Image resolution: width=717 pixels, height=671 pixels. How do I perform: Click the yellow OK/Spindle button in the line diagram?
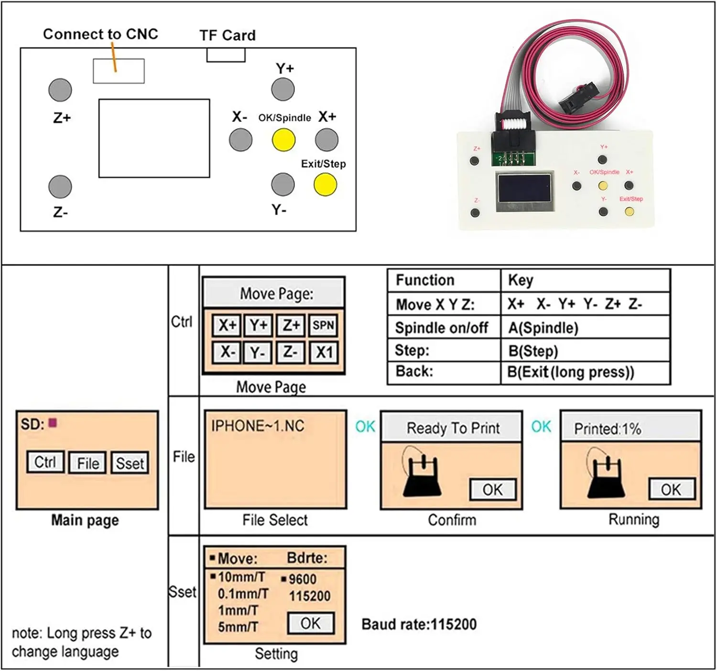click(x=283, y=140)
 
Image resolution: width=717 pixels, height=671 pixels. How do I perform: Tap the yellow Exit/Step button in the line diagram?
click(x=326, y=185)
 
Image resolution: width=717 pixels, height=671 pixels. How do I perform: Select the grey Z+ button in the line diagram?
click(x=60, y=90)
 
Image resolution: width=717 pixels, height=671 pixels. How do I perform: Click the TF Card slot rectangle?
click(x=226, y=55)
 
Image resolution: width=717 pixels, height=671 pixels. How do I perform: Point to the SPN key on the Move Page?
click(x=323, y=325)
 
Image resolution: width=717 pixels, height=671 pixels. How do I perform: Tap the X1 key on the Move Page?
click(x=324, y=352)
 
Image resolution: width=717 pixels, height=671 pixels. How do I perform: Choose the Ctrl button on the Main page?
click(x=45, y=462)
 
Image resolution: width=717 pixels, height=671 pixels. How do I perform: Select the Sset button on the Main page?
click(x=130, y=462)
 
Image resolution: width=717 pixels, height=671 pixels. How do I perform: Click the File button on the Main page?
click(x=88, y=462)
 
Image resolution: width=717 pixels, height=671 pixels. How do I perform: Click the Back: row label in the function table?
click(x=414, y=371)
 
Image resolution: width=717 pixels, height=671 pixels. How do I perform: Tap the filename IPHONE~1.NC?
click(x=258, y=426)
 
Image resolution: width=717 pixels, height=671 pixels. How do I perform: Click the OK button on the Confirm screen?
click(x=493, y=490)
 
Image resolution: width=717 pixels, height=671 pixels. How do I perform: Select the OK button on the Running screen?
click(x=672, y=490)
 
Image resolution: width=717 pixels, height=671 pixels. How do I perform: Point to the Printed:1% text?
click(x=608, y=429)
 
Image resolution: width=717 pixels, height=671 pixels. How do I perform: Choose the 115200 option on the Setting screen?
click(x=310, y=596)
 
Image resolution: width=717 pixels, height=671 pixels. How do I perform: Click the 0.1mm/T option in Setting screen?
click(x=243, y=594)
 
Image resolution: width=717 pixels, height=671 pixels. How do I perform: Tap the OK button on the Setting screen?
click(x=311, y=623)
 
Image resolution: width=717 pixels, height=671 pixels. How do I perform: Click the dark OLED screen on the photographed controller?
click(x=524, y=189)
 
